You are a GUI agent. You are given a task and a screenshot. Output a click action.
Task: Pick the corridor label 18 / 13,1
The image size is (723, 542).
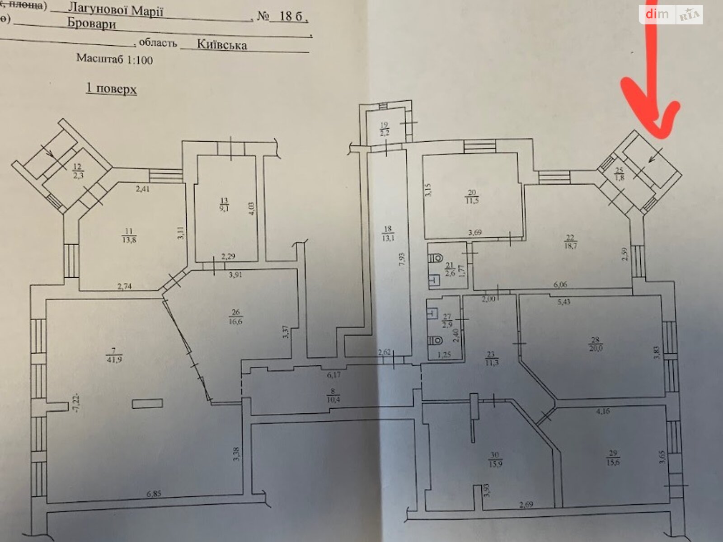[388, 233]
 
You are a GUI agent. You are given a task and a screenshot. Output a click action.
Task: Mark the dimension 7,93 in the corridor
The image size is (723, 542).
[401, 273]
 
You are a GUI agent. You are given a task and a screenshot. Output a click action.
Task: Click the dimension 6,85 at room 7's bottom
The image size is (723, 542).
[153, 494]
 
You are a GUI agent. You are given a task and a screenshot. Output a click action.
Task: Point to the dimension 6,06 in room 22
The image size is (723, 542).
[560, 285]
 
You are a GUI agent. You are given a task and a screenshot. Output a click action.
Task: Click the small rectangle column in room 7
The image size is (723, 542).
[148, 403]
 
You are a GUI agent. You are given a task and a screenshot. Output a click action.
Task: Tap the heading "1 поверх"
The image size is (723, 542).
[111, 89]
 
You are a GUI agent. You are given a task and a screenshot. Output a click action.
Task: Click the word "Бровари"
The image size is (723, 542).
[92, 24]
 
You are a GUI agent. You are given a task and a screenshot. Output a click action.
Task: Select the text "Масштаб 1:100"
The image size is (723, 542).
[114, 59]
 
